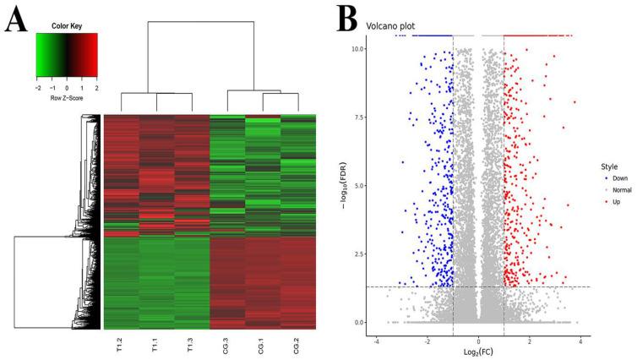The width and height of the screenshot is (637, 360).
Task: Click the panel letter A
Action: pyautogui.click(x=18, y=19)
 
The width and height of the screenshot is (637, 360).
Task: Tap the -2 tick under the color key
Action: pyautogui.click(x=38, y=87)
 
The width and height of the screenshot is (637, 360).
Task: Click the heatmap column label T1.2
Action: pyautogui.click(x=119, y=346)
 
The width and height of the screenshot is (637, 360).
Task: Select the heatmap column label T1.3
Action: pyautogui.click(x=191, y=346)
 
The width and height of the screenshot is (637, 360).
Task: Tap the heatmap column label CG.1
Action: pyautogui.click(x=263, y=346)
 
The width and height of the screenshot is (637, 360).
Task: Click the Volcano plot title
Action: pyautogui.click(x=389, y=26)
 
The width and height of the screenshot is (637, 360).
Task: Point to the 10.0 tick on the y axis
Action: pyautogui.click(x=359, y=49)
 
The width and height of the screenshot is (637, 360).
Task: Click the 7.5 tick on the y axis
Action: pyautogui.click(x=362, y=117)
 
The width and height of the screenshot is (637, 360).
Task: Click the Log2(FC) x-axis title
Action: pyautogui.click(x=478, y=349)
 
